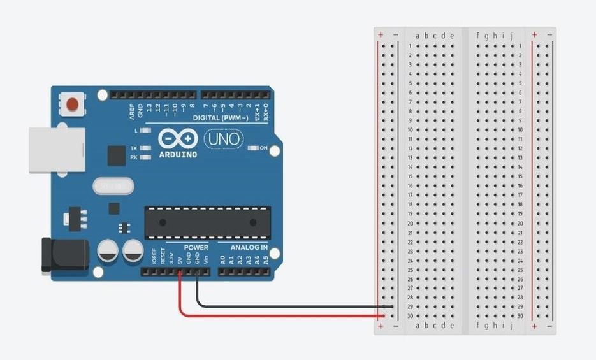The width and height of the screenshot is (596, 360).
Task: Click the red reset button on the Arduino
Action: click(74, 103)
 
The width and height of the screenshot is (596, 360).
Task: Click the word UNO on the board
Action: click(223, 138)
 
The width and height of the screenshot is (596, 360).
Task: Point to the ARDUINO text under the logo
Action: click(178, 154)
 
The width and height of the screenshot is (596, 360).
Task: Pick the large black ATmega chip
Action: click(207, 222)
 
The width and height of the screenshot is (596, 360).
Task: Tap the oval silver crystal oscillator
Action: click(113, 186)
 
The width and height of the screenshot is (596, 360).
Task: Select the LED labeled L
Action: click(145, 131)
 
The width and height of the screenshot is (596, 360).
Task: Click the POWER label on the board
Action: click(196, 247)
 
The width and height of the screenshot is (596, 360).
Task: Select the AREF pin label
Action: click(132, 112)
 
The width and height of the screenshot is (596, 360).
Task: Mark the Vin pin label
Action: click(207, 260)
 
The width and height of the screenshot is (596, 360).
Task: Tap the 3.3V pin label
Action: click(171, 259)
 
